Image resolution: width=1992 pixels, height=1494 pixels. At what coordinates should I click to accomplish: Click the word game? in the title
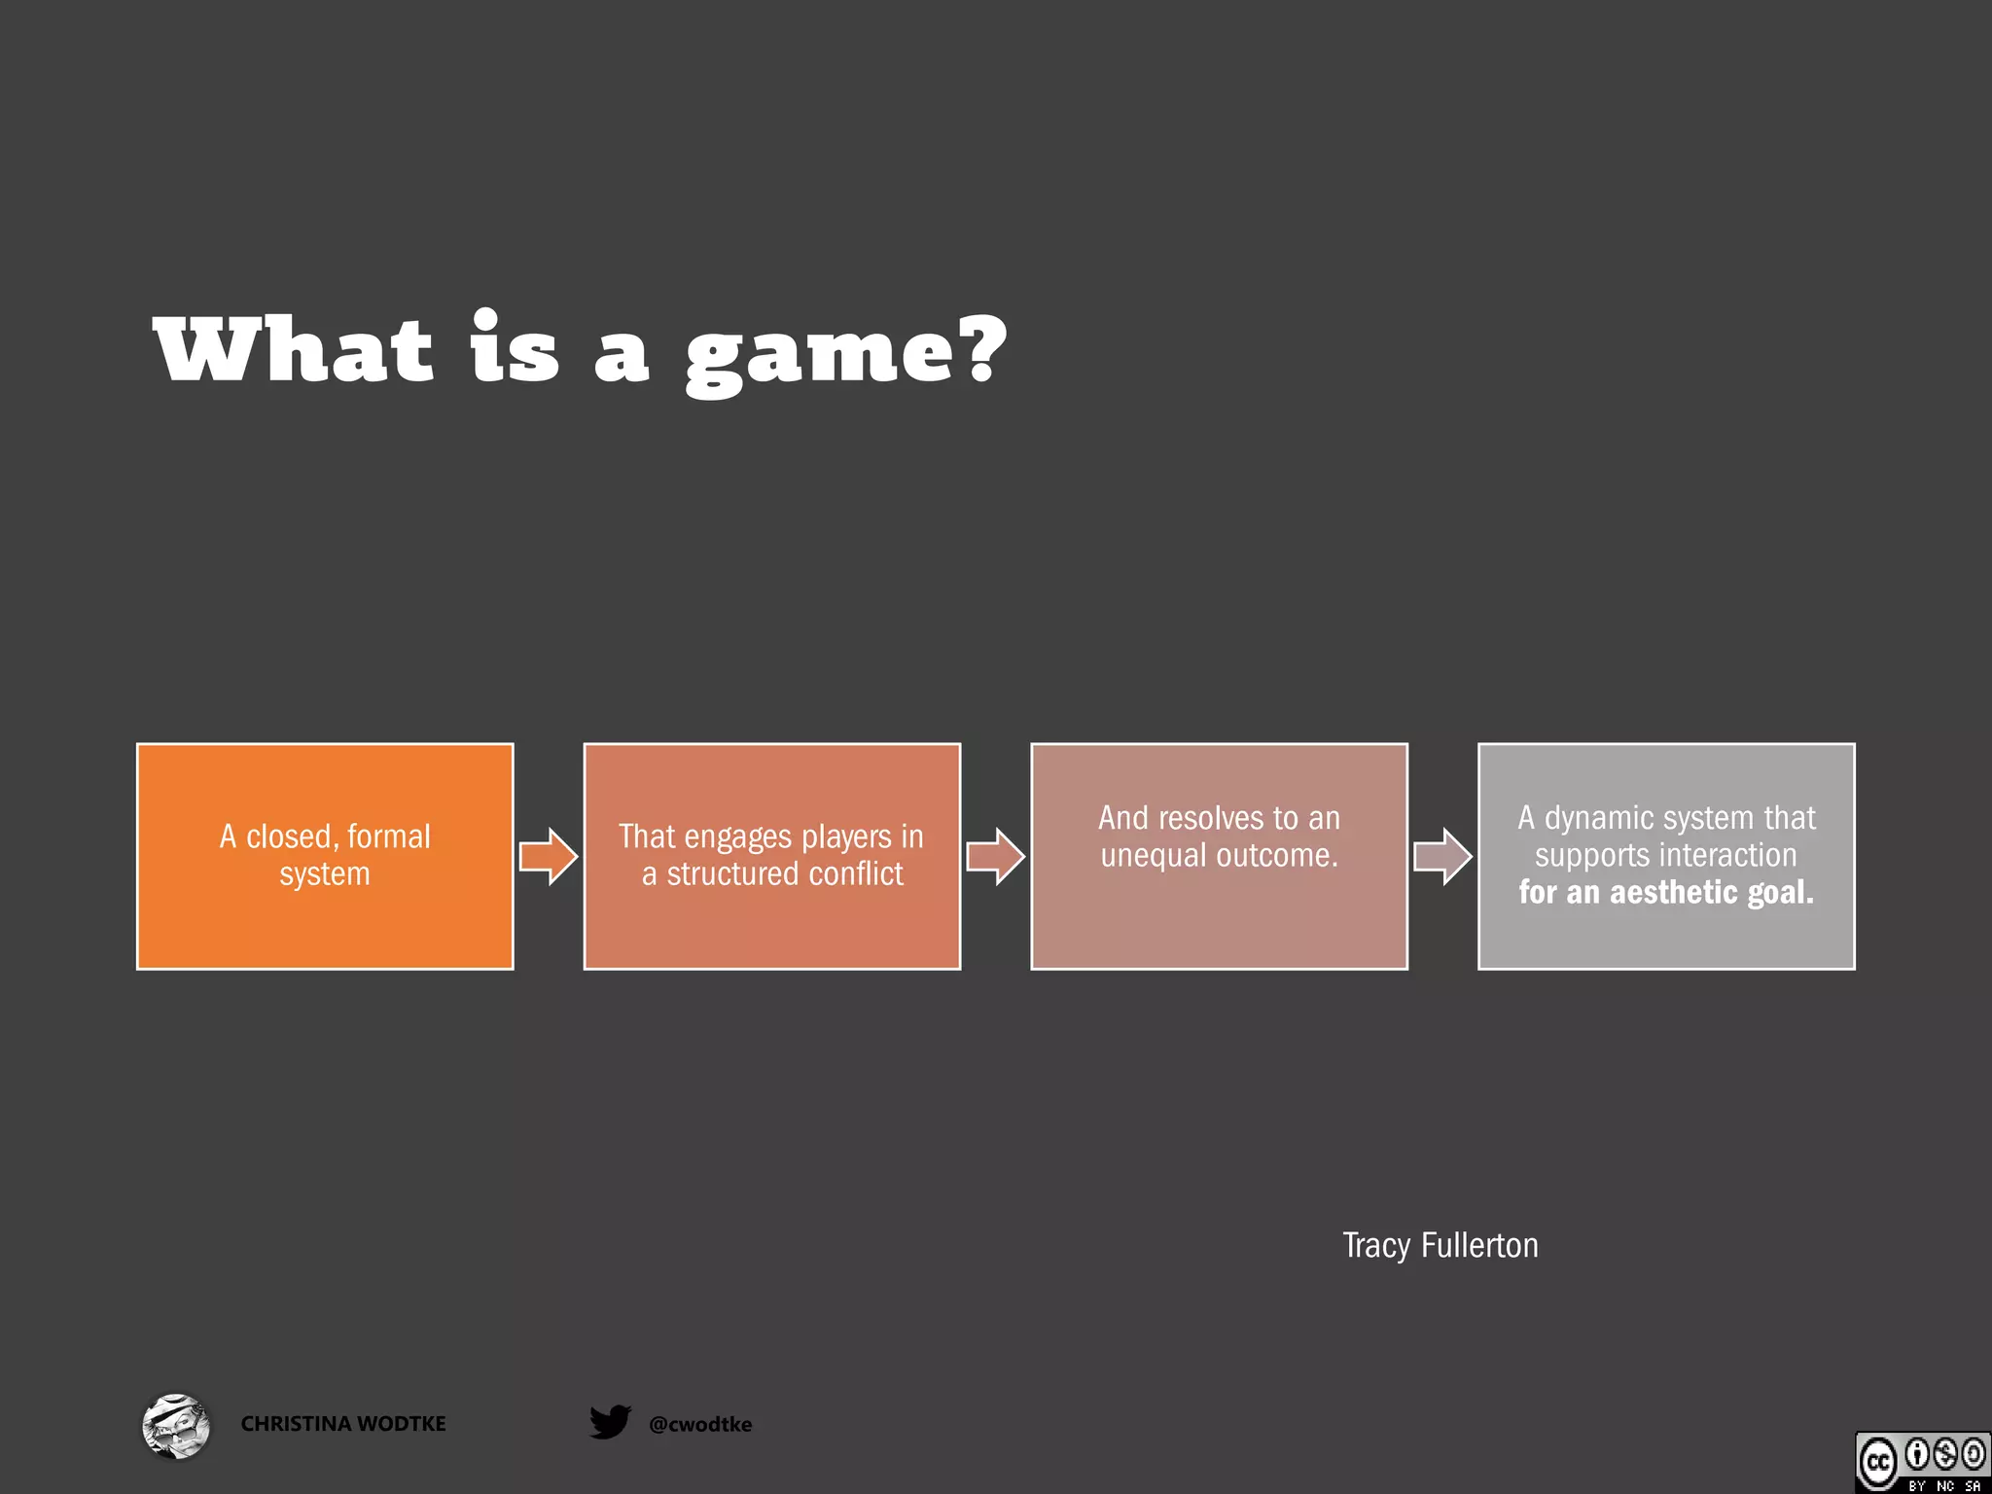coord(844,352)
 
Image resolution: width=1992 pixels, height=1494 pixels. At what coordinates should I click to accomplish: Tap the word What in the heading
coord(293,350)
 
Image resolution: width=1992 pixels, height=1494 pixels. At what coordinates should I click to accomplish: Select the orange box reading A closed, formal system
coord(325,856)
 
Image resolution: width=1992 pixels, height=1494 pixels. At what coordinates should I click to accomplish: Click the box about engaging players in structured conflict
coord(771,856)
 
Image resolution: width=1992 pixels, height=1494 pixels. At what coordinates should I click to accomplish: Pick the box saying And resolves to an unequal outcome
coord(1219,856)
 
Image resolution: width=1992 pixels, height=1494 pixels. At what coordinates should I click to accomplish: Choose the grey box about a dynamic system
coord(1666,856)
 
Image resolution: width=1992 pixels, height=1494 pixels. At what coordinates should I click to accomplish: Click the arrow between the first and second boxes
coord(548,857)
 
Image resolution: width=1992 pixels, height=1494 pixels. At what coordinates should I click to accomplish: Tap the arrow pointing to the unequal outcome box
coord(995,857)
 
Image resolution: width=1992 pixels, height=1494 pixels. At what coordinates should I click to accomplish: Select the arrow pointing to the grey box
coord(1442,857)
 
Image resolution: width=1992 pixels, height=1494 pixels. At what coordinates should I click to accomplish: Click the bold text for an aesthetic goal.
coord(1666,892)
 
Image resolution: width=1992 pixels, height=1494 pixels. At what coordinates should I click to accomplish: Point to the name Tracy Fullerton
coord(1440,1246)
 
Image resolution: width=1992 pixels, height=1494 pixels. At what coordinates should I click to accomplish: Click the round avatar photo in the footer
coord(175,1426)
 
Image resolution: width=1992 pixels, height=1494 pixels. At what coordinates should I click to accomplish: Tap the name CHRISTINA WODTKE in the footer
coord(343,1424)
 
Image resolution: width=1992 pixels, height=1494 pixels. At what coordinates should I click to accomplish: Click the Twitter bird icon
coord(610,1422)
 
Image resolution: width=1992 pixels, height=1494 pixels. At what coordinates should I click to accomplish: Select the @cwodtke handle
coord(700,1425)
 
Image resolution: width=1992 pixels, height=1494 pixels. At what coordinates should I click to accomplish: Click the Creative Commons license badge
coord(1922,1462)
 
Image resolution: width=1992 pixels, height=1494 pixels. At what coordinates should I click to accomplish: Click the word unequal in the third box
coord(1154,856)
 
